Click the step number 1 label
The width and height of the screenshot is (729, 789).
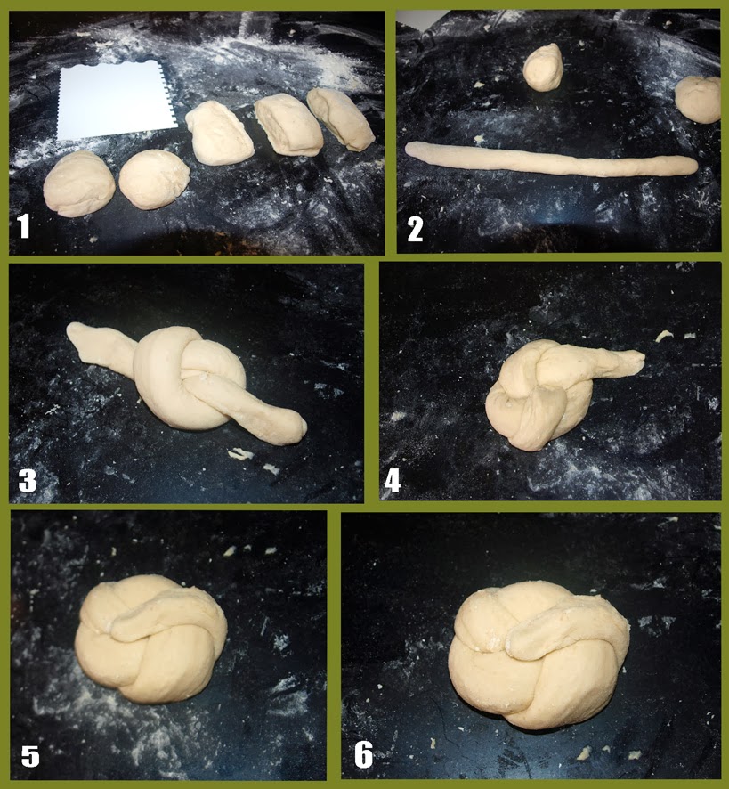[x=23, y=226]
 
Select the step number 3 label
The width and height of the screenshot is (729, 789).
[x=28, y=481]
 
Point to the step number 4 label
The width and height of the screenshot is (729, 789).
[x=393, y=481]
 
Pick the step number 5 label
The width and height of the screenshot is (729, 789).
[x=30, y=756]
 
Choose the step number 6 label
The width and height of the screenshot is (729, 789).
[x=364, y=755]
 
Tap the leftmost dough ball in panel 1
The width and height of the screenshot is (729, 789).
[x=79, y=183]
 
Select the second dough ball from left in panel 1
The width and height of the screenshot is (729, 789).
[x=154, y=179]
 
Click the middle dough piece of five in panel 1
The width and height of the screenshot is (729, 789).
[x=219, y=133]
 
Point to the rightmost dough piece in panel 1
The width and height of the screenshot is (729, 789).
[x=341, y=118]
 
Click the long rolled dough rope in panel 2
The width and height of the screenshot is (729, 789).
[x=551, y=159]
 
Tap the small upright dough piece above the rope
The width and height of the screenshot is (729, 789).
[x=543, y=68]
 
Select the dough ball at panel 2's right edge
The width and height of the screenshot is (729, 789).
[x=699, y=100]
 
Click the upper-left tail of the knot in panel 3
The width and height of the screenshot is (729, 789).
[x=101, y=349]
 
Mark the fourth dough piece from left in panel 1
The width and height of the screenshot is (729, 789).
[x=288, y=127]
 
